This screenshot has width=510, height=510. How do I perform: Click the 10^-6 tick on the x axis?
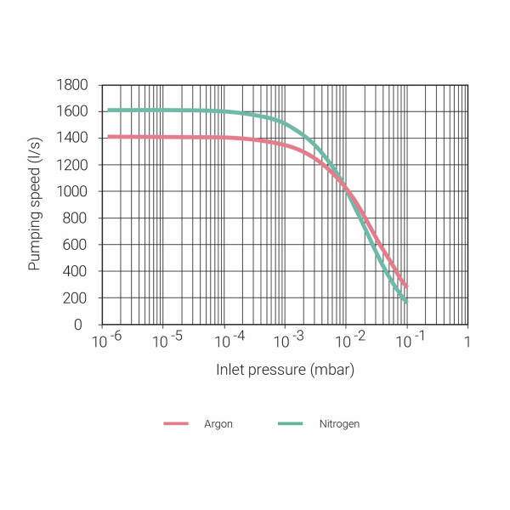[106, 340]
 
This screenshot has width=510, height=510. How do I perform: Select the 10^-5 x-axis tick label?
[166, 340]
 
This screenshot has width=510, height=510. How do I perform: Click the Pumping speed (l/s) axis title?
[35, 205]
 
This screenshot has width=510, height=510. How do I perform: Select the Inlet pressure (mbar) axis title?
[285, 371]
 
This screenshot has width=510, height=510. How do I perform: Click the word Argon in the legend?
[218, 423]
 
